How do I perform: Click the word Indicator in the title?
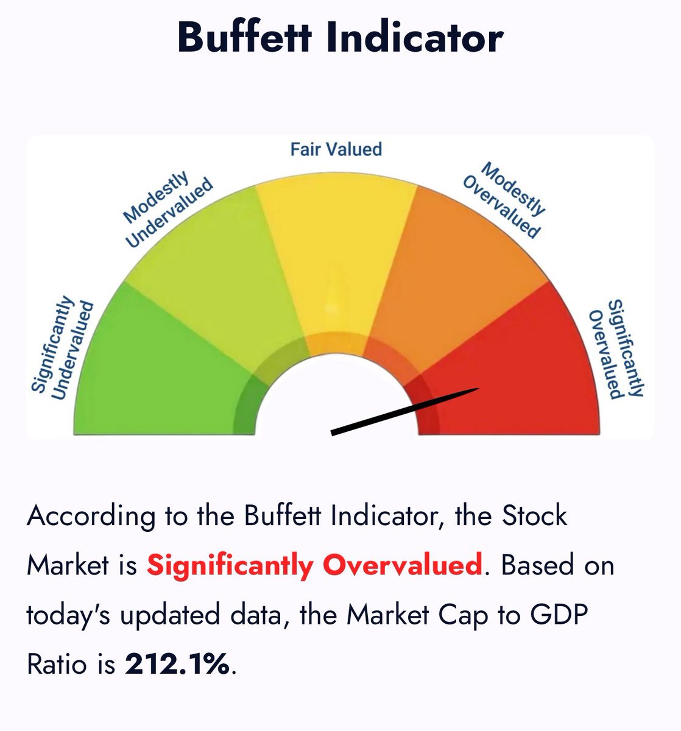(x=415, y=37)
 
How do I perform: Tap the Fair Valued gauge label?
(x=336, y=149)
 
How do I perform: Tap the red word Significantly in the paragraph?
(x=229, y=566)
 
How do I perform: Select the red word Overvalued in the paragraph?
(x=402, y=565)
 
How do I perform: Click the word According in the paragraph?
(x=91, y=517)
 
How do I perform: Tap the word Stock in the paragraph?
(x=534, y=516)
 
